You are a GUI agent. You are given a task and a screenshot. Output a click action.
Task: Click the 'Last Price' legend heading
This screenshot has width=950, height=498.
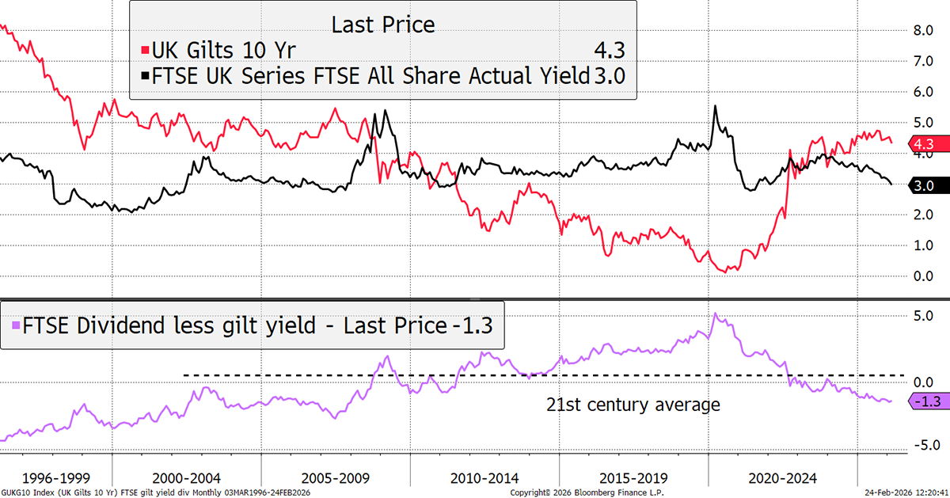coord(383,25)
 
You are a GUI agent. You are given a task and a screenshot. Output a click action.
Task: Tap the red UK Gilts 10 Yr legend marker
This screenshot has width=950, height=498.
coord(136,51)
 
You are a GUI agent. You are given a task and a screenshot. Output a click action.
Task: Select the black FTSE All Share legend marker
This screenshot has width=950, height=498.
coord(136,75)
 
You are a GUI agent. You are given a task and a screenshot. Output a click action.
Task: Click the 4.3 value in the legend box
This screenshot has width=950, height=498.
coord(609,51)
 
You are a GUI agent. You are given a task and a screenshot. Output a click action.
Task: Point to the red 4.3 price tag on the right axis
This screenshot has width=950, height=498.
coord(921,144)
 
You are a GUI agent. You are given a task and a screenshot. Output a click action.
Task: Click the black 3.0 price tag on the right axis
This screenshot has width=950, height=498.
coord(921,185)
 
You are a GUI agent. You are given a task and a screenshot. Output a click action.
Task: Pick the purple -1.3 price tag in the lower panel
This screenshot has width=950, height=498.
coord(921,402)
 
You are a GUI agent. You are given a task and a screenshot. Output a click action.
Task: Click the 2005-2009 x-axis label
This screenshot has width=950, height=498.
coord(338,478)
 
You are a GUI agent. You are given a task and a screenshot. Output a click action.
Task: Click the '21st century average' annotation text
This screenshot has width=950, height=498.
coord(633,405)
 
